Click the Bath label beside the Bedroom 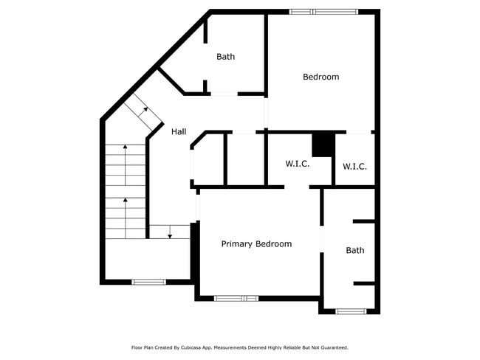coord(225,57)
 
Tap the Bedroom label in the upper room coord(321,77)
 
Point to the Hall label coord(179,132)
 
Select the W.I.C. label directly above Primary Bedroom coord(298,164)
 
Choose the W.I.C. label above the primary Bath coord(354,167)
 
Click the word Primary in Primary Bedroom coord(237,244)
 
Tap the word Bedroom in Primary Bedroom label coord(274,244)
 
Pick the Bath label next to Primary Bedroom coord(355,251)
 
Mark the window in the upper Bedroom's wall coord(323,12)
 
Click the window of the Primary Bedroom coord(236,298)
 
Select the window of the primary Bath coord(351,311)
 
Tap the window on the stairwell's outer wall coord(149,281)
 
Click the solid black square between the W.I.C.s coord(323,145)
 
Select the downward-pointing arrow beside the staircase coord(171,232)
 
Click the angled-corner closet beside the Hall coord(207,159)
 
